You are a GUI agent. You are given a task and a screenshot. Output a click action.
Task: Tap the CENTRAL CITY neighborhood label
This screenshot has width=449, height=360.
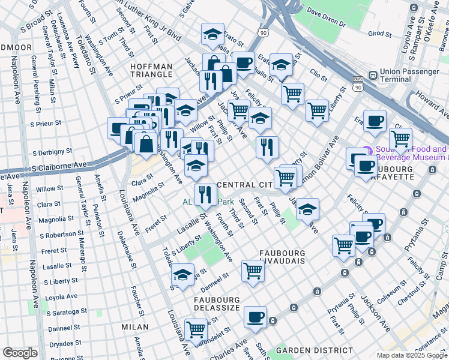click(x=243, y=184)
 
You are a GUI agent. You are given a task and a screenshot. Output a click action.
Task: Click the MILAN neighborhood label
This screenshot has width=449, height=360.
click(x=134, y=327)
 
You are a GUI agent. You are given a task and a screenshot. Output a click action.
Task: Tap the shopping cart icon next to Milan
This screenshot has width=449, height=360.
click(x=196, y=328)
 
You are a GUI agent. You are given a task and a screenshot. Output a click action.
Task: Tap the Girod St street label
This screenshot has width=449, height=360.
click(x=379, y=34)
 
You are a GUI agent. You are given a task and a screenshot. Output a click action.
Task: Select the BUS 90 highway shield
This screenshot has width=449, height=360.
click(x=358, y=83)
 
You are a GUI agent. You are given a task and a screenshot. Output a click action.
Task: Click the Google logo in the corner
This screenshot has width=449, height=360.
click(x=20, y=353)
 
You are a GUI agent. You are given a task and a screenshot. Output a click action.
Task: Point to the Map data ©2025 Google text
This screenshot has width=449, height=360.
click(x=412, y=355)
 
